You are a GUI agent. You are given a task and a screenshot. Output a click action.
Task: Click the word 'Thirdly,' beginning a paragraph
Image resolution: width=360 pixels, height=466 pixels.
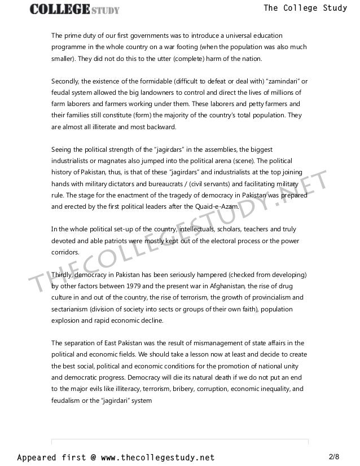64,274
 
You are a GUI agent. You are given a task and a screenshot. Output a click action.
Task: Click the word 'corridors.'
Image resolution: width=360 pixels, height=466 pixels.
65,252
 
